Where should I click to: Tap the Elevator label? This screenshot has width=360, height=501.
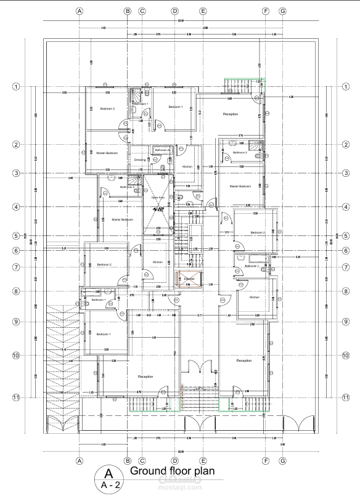(189, 279)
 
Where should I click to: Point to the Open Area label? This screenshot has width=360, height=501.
(157, 198)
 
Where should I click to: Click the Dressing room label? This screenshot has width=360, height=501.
(140, 160)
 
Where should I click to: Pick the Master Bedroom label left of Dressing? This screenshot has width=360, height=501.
(107, 153)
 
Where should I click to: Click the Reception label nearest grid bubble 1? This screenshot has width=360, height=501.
(231, 114)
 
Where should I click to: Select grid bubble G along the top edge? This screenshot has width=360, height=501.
(282, 11)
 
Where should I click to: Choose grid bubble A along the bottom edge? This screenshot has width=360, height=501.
(79, 460)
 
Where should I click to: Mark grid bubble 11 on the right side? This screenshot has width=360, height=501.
(346, 397)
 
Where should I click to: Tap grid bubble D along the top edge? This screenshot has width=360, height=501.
(175, 11)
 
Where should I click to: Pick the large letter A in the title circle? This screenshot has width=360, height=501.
(108, 473)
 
